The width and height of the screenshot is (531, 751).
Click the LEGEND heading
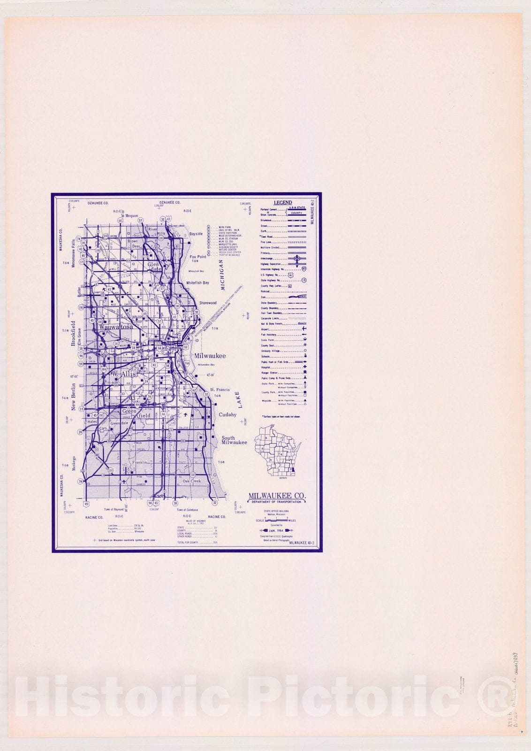[x=283, y=203]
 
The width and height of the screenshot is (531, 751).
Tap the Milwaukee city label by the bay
[x=210, y=356]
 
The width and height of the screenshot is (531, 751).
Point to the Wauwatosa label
[x=115, y=327]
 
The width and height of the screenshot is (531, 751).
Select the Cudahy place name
[x=228, y=415]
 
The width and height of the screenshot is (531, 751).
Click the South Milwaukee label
[x=234, y=440]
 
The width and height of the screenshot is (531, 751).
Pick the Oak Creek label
[x=192, y=481]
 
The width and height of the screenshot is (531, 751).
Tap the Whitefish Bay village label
[x=197, y=283]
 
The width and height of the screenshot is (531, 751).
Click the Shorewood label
[x=208, y=303]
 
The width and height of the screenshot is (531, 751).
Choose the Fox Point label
[x=198, y=257]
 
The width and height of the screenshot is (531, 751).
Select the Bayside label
[x=196, y=234]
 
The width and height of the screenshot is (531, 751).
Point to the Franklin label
[x=140, y=462]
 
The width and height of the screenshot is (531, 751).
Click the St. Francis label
[x=220, y=390]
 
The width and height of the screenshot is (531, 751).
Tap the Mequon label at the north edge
[x=131, y=216]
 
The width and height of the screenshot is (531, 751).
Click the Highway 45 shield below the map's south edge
[x=85, y=504]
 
